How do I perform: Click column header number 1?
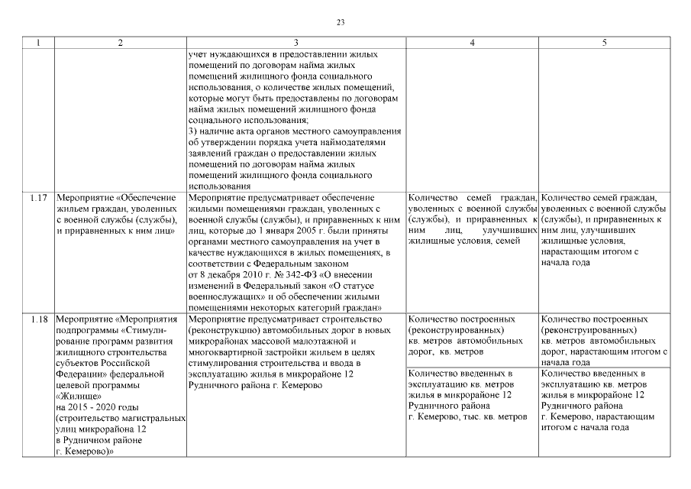[x=38, y=44]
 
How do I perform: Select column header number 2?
[x=119, y=44]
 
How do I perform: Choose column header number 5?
[x=604, y=44]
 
